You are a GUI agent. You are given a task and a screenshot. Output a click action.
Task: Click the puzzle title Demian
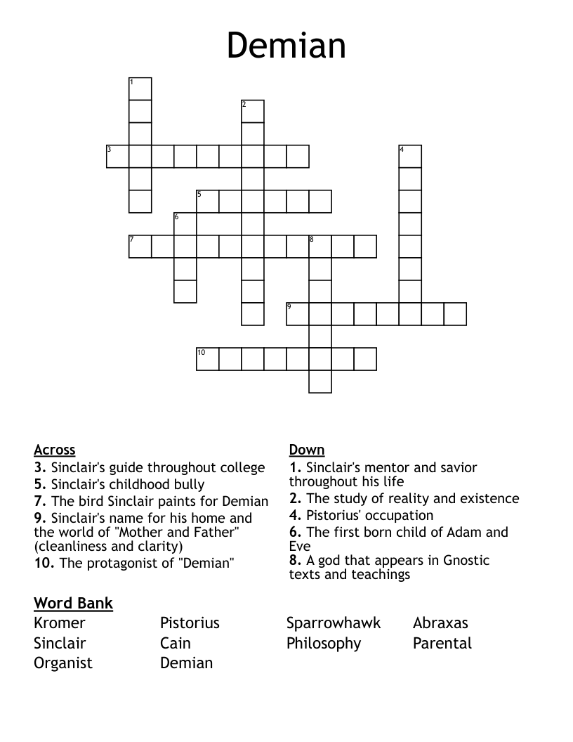tap(286, 46)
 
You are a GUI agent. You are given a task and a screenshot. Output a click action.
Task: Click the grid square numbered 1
tap(140, 89)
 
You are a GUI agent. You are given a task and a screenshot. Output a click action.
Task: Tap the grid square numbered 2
tap(253, 112)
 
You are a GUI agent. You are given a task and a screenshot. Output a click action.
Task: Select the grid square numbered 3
tap(118, 157)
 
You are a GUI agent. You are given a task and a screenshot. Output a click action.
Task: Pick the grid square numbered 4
tap(410, 157)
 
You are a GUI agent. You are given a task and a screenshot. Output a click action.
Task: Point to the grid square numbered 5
tap(208, 202)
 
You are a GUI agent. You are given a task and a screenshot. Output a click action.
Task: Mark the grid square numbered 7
tap(140, 247)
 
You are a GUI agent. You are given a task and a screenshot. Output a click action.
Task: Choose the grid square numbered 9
tap(298, 314)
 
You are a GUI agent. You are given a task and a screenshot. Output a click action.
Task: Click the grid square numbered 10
tap(208, 359)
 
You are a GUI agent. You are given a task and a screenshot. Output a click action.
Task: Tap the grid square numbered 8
tap(320, 247)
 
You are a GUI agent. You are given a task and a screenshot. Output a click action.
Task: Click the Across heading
tap(54, 450)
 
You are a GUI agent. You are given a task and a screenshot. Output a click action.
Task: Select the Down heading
tap(307, 450)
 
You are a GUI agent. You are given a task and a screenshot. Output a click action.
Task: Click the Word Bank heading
tap(73, 603)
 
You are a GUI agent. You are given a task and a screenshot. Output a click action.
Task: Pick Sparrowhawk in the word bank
tap(334, 623)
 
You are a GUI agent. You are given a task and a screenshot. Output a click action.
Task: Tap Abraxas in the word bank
tap(440, 623)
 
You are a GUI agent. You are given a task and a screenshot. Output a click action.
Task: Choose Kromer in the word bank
tap(60, 623)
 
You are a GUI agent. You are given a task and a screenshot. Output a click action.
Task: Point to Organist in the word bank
tap(63, 663)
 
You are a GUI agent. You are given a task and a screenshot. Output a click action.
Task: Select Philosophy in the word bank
tap(324, 644)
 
